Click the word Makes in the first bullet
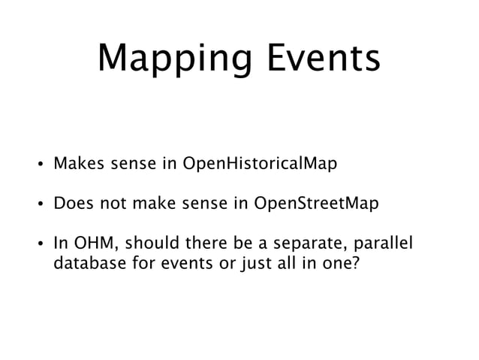tap(75, 162)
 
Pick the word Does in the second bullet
tap(71, 203)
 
